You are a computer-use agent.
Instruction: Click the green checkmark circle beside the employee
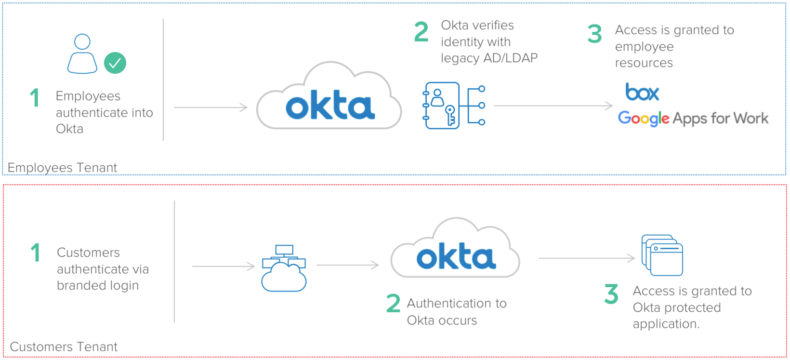tap(115, 63)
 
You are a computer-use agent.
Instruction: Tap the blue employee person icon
tap(82, 53)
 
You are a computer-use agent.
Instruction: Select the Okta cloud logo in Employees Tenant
tap(329, 98)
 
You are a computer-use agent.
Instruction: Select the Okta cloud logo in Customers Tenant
tap(455, 250)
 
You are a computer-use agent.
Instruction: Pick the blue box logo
tap(642, 92)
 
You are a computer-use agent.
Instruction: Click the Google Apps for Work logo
tap(693, 119)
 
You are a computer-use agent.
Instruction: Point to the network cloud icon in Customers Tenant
tap(284, 268)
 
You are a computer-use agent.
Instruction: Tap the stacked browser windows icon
tap(662, 255)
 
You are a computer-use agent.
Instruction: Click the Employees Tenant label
tap(62, 168)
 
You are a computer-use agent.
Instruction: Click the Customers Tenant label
tap(64, 347)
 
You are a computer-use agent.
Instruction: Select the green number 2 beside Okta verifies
tap(421, 32)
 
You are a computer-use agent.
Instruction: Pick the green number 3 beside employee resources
tap(595, 34)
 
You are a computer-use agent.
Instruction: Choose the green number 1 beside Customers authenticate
tap(35, 253)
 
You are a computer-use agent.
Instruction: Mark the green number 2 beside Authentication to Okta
tap(393, 304)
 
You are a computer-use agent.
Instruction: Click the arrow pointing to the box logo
tap(553, 106)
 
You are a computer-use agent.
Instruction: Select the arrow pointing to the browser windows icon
tap(587, 258)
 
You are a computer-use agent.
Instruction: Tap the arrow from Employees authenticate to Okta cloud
tap(211, 107)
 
